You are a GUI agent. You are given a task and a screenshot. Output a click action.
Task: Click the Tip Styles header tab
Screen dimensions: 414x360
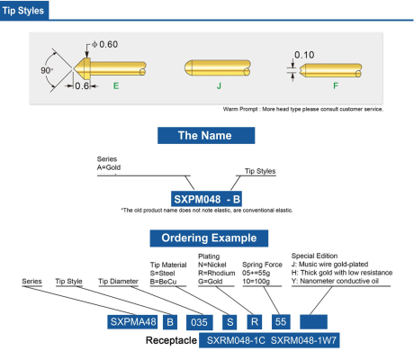coord(24,11)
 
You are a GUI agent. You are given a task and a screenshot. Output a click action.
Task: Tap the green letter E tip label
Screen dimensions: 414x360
coord(116,86)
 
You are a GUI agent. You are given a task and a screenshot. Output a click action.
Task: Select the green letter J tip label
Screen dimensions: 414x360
coord(219,86)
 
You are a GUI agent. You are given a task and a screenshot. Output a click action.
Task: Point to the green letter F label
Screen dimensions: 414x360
coord(336,86)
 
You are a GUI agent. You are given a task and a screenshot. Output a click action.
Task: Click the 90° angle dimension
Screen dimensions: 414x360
coord(47,70)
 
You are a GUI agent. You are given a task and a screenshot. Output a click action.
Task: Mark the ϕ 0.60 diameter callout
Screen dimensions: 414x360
coord(104,44)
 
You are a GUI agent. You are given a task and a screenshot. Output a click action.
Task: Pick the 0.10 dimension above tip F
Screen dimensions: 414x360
coord(304,55)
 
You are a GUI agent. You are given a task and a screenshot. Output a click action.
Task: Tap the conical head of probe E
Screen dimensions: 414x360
coord(82,68)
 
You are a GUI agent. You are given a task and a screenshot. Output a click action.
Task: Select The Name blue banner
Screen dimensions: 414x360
coord(206,135)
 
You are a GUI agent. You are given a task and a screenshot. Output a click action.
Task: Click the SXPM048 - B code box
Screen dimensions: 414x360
coord(206,199)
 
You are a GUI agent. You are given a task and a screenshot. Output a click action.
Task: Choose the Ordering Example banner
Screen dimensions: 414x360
coord(209,238)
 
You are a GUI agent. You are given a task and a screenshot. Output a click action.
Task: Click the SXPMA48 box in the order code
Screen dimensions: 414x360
coord(132,322)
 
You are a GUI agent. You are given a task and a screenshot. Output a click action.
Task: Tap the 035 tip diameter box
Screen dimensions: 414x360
coord(199,322)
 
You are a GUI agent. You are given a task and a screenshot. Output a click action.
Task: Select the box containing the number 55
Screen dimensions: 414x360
coord(281,322)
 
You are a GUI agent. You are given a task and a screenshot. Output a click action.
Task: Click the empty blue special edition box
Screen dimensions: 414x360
coord(313,322)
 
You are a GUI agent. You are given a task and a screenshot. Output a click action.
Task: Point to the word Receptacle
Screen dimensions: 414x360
coord(171,340)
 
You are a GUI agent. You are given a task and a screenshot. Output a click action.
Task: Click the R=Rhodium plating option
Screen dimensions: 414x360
coord(217,273)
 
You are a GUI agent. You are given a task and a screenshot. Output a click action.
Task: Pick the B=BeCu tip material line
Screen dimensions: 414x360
coord(163,282)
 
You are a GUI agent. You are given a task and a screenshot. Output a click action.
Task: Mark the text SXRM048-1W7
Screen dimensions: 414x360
coord(303,340)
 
